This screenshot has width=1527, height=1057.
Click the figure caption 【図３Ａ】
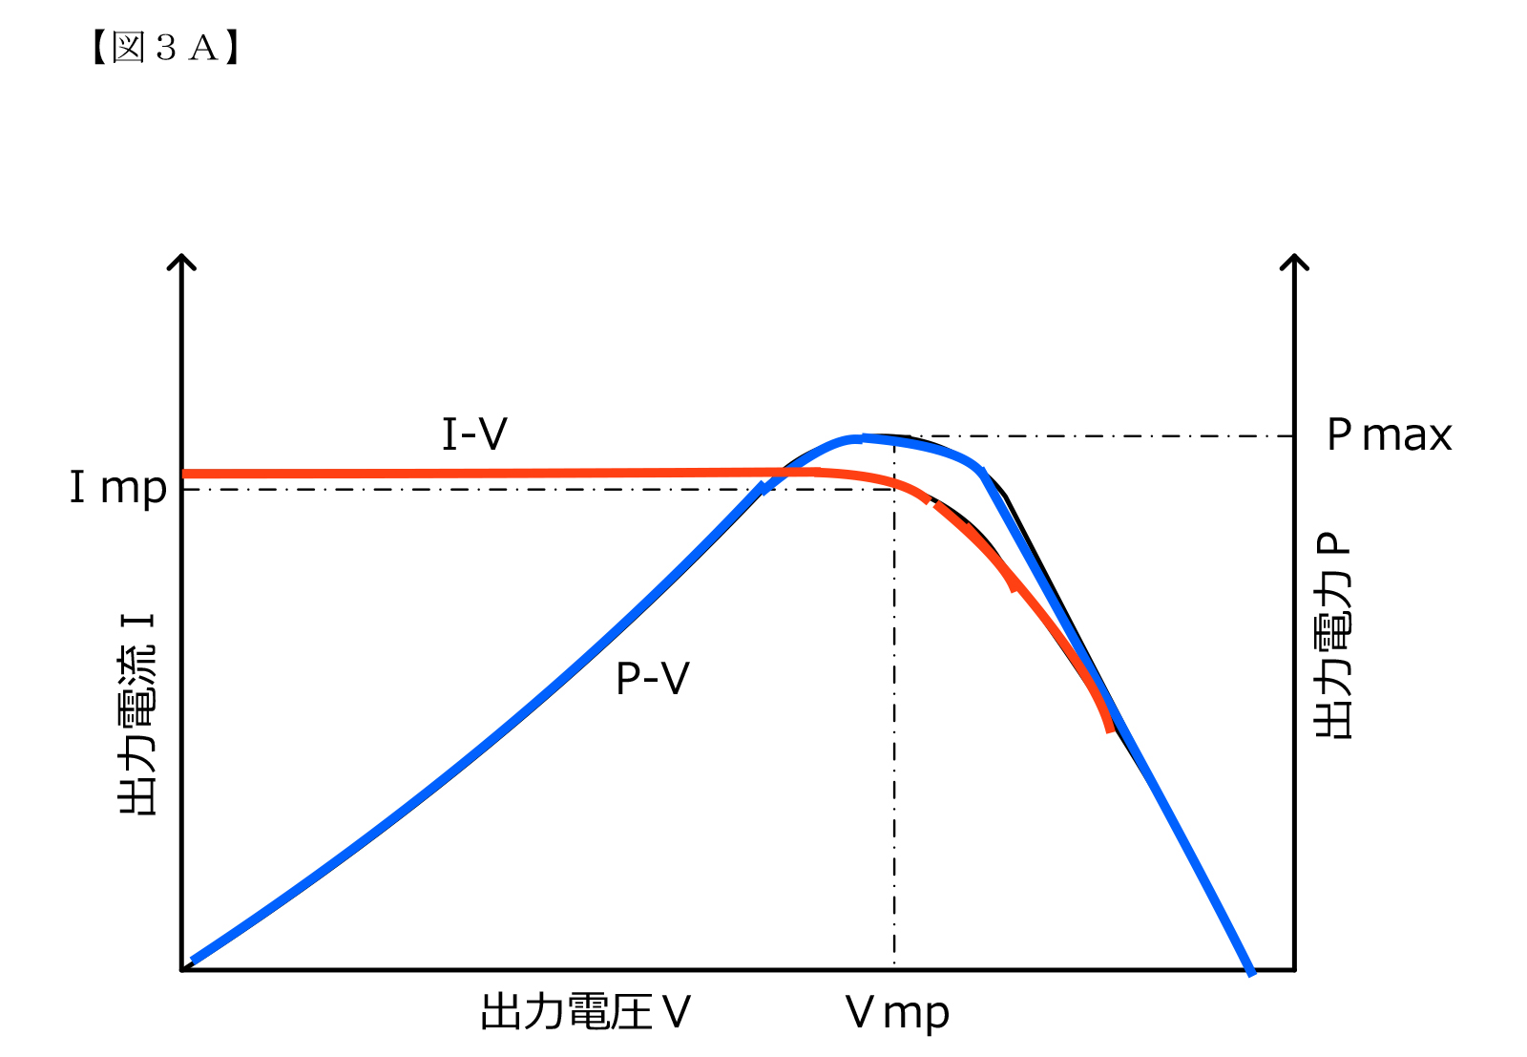click(164, 47)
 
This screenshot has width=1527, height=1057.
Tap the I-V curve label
click(474, 434)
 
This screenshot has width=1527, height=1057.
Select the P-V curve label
click(652, 679)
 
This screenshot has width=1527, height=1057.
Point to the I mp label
click(118, 488)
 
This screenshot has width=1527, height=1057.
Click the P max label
click(1389, 435)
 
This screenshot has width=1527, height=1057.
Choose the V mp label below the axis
click(896, 1013)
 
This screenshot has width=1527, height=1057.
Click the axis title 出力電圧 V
click(585, 1012)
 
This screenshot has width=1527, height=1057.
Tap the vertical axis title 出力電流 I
click(137, 713)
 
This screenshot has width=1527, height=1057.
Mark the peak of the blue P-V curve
click(864, 437)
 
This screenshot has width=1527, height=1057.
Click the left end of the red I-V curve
click(185, 474)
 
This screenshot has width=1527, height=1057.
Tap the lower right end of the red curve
click(1109, 730)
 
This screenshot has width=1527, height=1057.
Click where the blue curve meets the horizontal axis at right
click(1251, 970)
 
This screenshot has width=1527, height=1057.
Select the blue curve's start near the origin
click(193, 961)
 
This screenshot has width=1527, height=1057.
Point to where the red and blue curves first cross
click(783, 472)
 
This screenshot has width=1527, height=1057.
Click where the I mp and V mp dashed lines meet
click(894, 489)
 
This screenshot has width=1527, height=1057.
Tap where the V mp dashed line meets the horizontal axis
click(894, 970)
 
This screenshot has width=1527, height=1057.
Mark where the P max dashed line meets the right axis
click(1294, 436)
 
